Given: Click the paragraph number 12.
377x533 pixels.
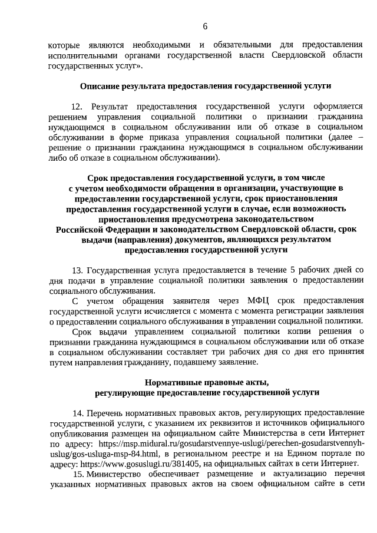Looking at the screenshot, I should [77, 106].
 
